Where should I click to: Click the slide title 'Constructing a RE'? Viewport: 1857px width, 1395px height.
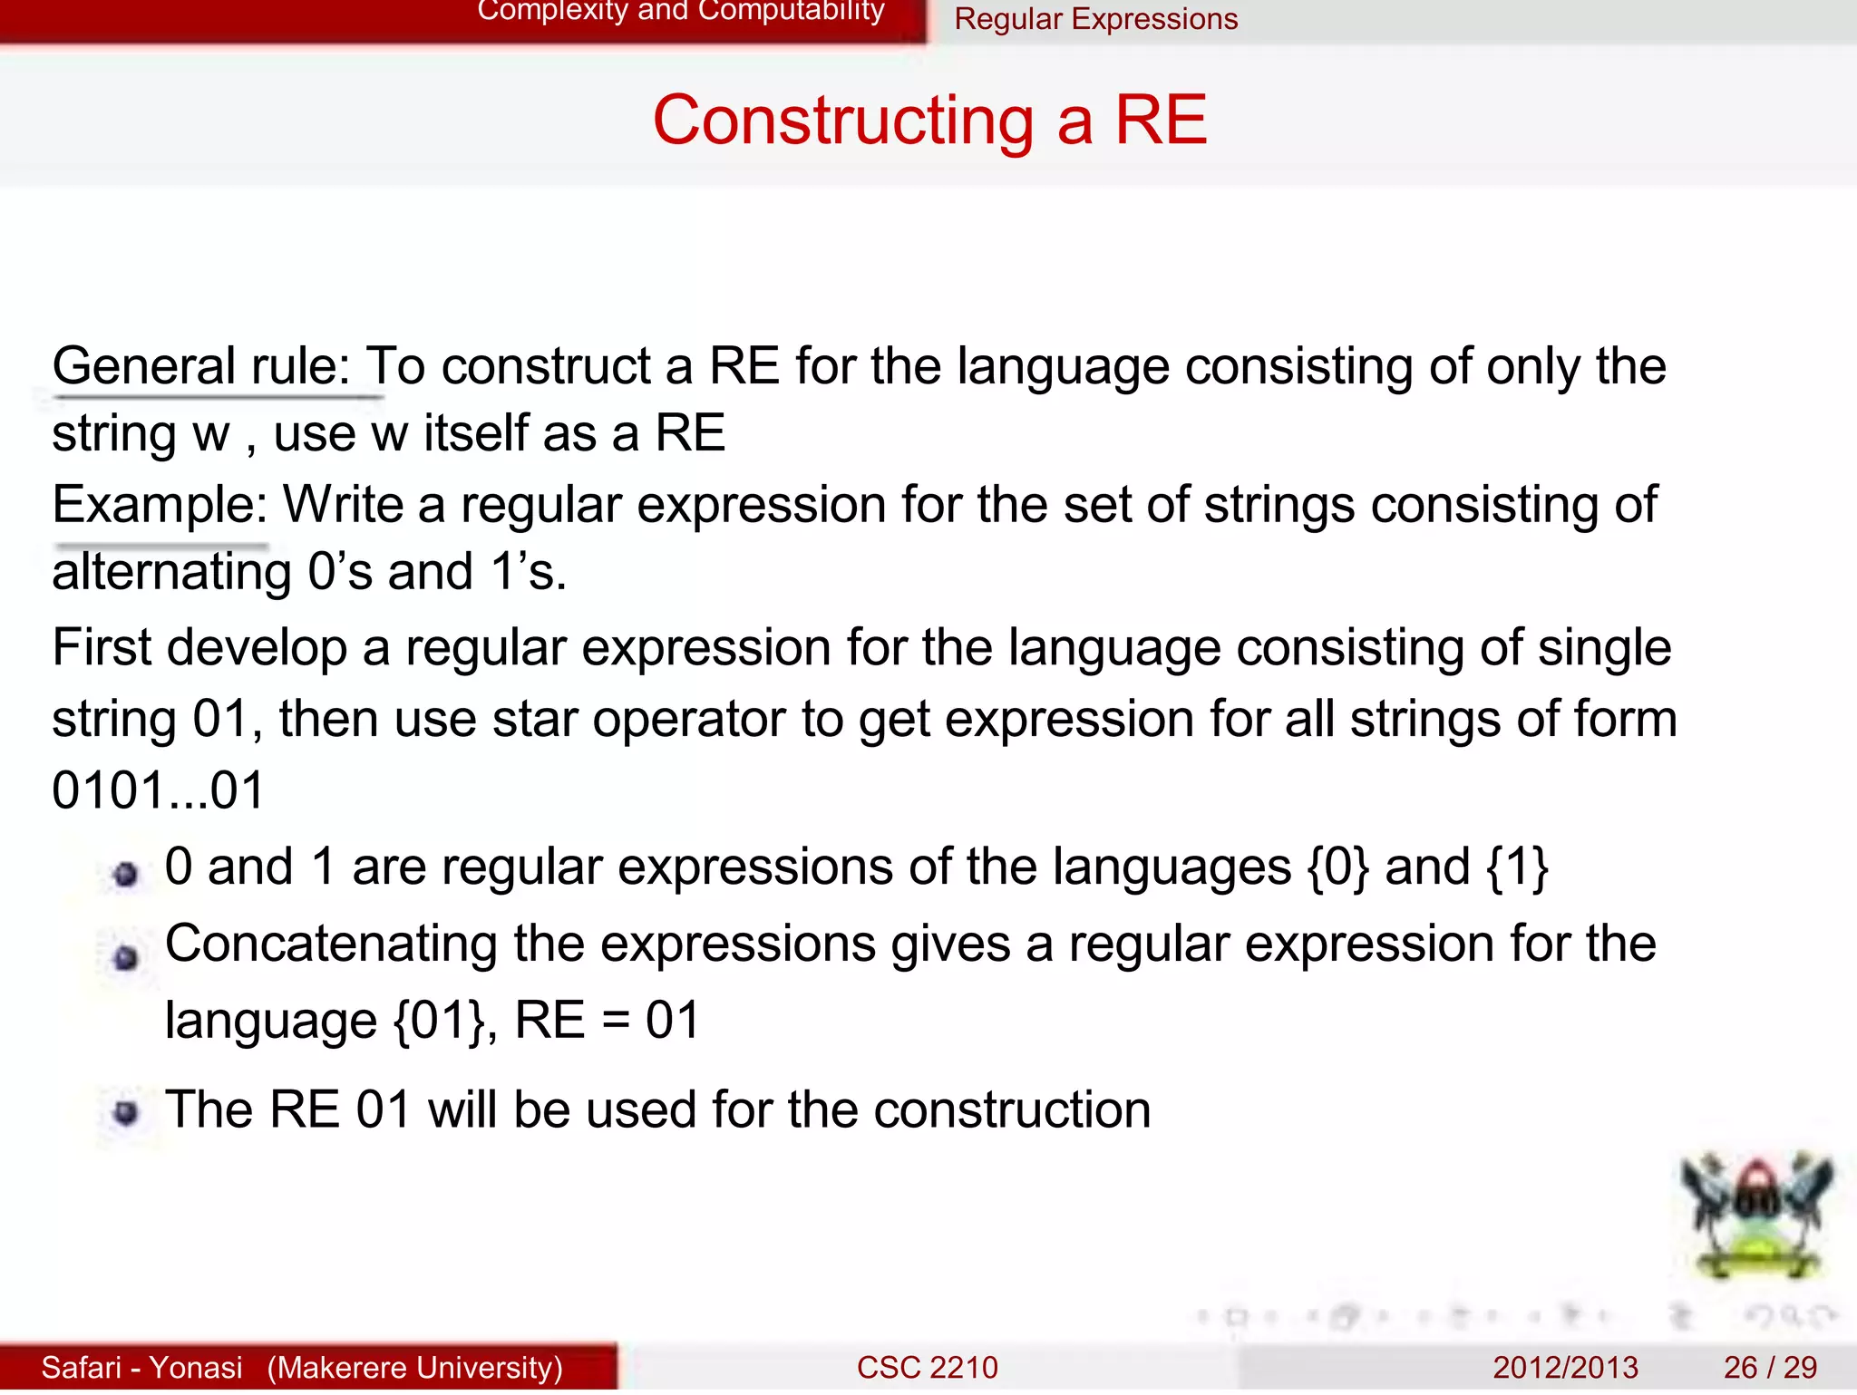pyautogui.click(x=929, y=121)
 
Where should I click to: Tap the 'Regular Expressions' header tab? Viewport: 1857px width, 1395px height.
pyautogui.click(x=1095, y=19)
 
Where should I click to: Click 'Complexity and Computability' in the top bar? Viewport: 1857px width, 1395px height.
pyautogui.click(x=680, y=12)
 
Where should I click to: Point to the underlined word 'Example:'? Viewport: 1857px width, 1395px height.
pyautogui.click(x=160, y=505)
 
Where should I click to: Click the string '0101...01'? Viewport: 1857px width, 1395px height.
pyautogui.click(x=158, y=790)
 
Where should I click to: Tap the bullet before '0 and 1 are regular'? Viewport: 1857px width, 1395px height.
pyautogui.click(x=126, y=874)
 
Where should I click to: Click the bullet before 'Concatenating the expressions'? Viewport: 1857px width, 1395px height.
pyautogui.click(x=126, y=957)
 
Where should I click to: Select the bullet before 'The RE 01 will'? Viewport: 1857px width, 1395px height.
pyautogui.click(x=126, y=1112)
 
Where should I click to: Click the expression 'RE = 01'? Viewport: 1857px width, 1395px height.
pyautogui.click(x=608, y=1021)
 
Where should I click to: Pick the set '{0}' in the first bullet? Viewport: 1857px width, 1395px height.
pyautogui.click(x=1337, y=867)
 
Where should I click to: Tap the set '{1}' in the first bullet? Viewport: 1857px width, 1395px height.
pyautogui.click(x=1517, y=867)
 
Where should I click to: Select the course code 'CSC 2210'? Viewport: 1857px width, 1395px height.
pyautogui.click(x=927, y=1367)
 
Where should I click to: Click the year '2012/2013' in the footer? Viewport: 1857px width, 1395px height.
pyautogui.click(x=1565, y=1367)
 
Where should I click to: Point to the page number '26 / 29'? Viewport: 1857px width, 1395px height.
pyautogui.click(x=1770, y=1367)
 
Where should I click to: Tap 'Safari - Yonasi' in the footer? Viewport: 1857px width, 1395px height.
pyautogui.click(x=142, y=1367)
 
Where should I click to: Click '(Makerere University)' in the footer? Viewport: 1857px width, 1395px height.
pyautogui.click(x=415, y=1367)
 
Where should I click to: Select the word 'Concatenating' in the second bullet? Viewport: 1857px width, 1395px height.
pyautogui.click(x=331, y=945)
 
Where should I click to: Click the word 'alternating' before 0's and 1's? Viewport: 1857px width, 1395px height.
pyautogui.click(x=171, y=573)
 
